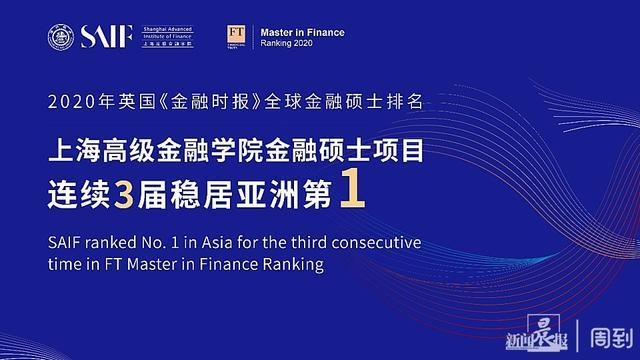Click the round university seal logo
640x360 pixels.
click(60, 37)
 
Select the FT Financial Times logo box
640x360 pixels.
click(237, 37)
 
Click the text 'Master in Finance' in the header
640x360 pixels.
click(302, 32)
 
